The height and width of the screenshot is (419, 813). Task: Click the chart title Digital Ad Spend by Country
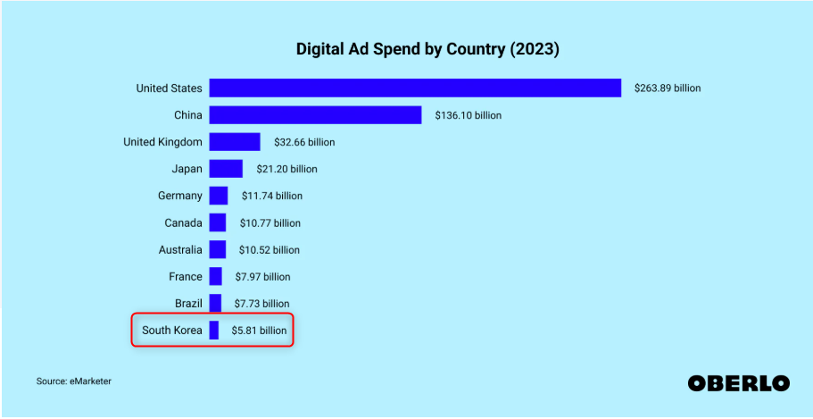427,50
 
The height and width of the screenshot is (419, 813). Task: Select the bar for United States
415,88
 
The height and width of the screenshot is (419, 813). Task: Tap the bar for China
315,115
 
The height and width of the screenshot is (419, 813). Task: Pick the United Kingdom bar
235,142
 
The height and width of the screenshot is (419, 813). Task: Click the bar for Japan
226,169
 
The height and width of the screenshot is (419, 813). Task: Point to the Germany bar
219,196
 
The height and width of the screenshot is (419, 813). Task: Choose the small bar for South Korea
214,331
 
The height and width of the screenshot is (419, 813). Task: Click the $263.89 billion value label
668,88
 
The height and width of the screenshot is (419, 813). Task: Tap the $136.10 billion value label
469,115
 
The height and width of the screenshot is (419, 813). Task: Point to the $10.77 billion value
270,222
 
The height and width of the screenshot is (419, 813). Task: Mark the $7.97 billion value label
262,277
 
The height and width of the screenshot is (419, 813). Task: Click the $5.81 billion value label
260,331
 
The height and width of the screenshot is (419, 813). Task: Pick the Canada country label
183,222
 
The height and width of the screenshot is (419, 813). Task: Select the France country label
186,277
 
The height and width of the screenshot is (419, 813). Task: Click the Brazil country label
188,304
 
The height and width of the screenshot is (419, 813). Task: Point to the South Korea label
172,331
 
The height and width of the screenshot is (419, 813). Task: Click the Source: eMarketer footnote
74,381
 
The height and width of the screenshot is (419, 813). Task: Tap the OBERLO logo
738,382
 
